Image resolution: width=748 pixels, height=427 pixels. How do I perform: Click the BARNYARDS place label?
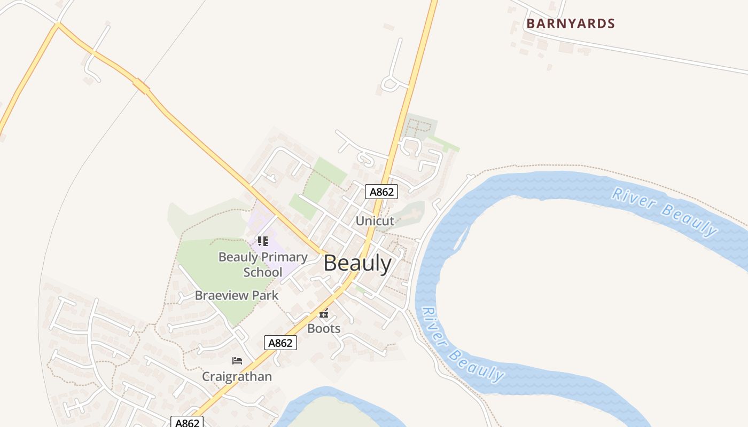571,23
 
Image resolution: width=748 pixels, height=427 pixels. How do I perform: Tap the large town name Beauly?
357,263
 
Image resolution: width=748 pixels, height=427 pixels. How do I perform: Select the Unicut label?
375,220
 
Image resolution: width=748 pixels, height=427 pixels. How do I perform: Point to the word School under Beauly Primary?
263,272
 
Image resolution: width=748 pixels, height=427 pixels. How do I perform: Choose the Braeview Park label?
237,295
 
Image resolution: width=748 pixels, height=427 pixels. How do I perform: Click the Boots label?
324,328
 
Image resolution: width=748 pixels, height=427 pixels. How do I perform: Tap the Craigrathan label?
237,376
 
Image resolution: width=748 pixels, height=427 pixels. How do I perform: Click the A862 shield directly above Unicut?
381,192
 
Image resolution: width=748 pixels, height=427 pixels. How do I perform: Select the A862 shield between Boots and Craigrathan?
280,343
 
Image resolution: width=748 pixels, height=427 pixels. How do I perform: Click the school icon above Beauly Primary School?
262,241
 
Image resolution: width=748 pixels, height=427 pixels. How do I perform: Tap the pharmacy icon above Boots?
324,313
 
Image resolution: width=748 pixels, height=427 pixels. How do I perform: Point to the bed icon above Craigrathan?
237,361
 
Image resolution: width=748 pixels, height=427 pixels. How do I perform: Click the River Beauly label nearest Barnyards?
665,211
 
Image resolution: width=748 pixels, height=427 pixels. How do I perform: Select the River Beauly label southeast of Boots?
463,345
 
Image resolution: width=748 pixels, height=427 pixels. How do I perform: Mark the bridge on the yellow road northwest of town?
142,85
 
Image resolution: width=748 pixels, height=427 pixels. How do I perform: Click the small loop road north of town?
394,83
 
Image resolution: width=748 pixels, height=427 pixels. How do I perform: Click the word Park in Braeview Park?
266,295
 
